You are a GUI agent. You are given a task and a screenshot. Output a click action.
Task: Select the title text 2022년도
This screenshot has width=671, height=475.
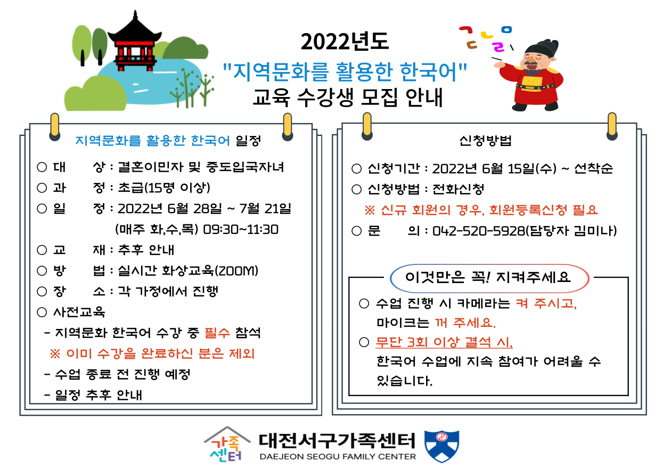click(345, 42)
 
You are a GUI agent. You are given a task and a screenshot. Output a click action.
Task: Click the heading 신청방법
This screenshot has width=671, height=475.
click(485, 140)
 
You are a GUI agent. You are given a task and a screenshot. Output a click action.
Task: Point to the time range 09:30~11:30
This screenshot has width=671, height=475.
click(241, 230)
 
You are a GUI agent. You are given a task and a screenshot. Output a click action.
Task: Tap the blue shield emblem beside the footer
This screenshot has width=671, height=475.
click(442, 446)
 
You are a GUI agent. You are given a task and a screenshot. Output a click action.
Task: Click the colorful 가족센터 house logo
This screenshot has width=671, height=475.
click(227, 445)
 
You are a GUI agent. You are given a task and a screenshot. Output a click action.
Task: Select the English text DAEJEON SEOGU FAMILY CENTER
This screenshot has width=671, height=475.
click(338, 457)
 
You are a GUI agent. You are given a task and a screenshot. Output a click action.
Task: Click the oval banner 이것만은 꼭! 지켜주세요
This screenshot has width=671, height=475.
click(489, 278)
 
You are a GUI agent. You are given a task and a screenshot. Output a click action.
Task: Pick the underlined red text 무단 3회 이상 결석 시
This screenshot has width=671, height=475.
click(444, 342)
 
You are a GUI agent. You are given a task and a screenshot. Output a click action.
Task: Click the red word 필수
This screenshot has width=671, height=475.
click(217, 333)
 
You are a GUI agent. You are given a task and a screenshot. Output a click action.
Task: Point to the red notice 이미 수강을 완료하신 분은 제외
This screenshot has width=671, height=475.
click(152, 354)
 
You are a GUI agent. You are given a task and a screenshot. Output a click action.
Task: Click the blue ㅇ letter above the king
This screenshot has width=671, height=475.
click(506, 29)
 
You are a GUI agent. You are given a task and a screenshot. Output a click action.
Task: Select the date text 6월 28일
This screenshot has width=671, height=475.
click(195, 209)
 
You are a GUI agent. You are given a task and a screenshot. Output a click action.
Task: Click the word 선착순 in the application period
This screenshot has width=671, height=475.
click(593, 168)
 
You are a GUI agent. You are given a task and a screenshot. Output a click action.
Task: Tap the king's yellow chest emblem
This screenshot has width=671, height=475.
click(532, 80)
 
